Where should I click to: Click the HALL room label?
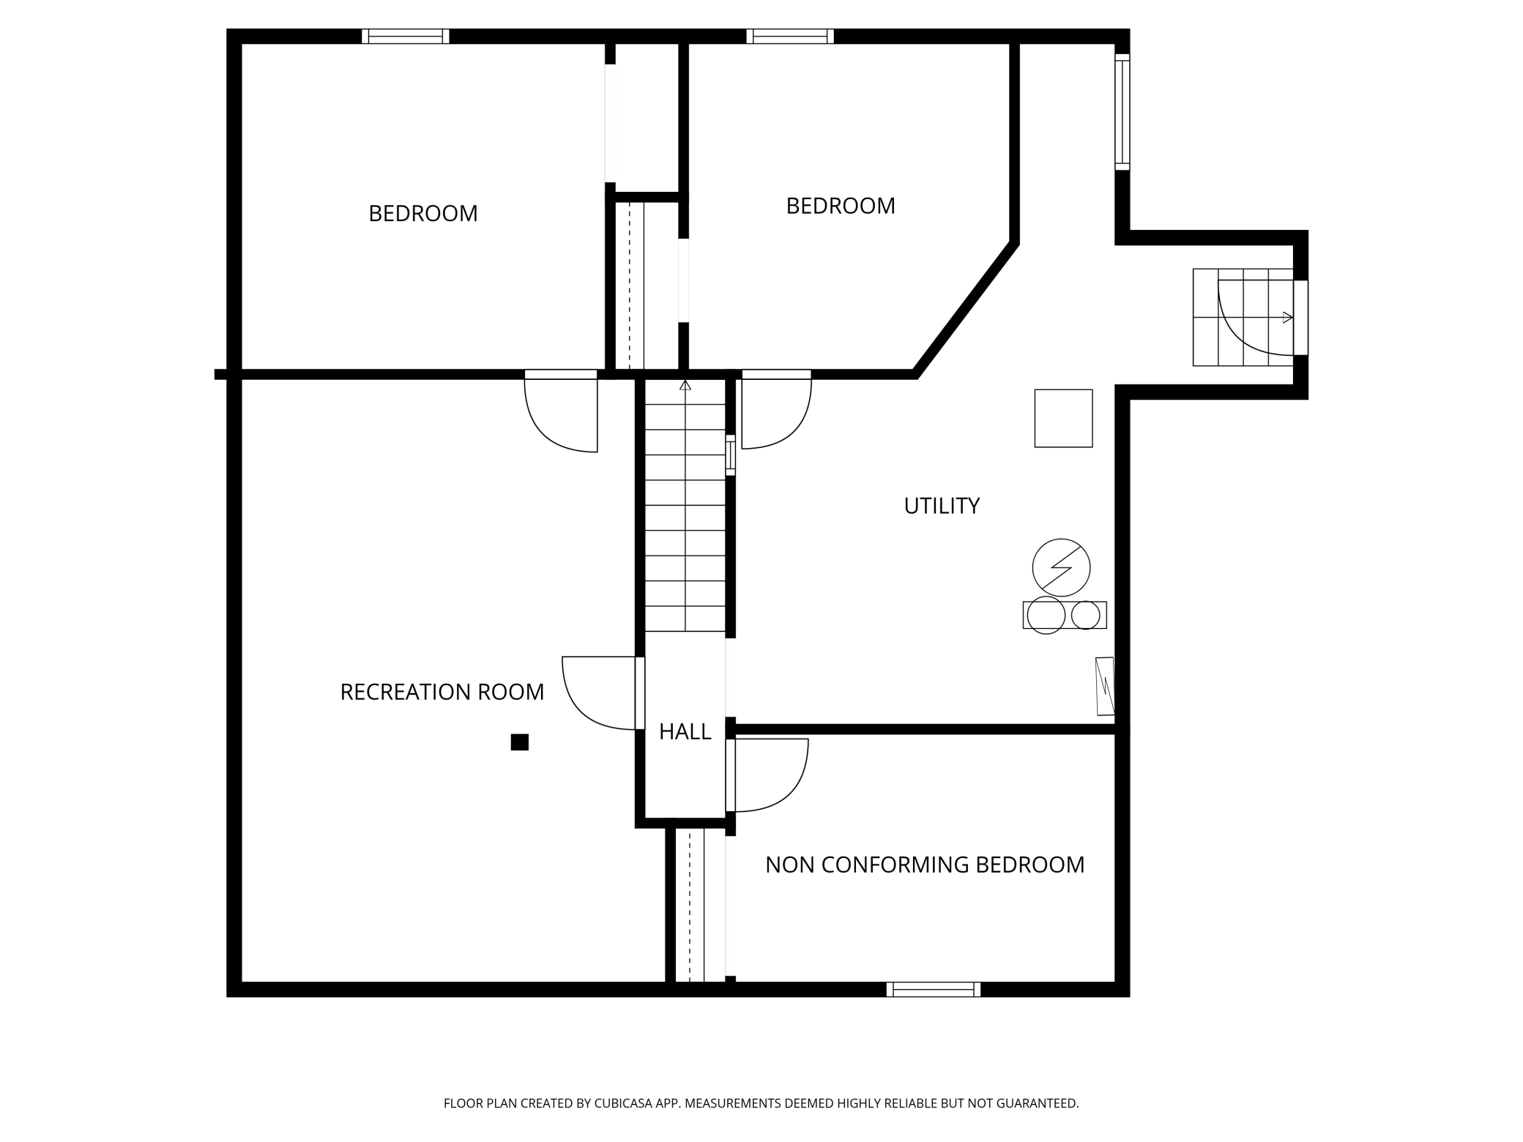click(x=685, y=731)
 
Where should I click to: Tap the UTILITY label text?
click(x=942, y=506)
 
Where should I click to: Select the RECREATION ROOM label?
click(x=442, y=692)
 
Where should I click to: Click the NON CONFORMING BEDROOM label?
click(x=924, y=865)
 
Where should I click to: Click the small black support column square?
click(x=519, y=742)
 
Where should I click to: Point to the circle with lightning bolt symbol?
click(x=1061, y=567)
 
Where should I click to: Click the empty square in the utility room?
click(x=1063, y=418)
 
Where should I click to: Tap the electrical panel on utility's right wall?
click(x=1105, y=686)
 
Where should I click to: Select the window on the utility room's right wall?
click(x=1122, y=111)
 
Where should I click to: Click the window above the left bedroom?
click(x=405, y=36)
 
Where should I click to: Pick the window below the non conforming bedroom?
click(x=933, y=990)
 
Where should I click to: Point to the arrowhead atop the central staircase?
click(x=685, y=385)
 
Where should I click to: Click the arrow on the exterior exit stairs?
click(x=1287, y=317)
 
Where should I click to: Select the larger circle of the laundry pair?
click(x=1046, y=615)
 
